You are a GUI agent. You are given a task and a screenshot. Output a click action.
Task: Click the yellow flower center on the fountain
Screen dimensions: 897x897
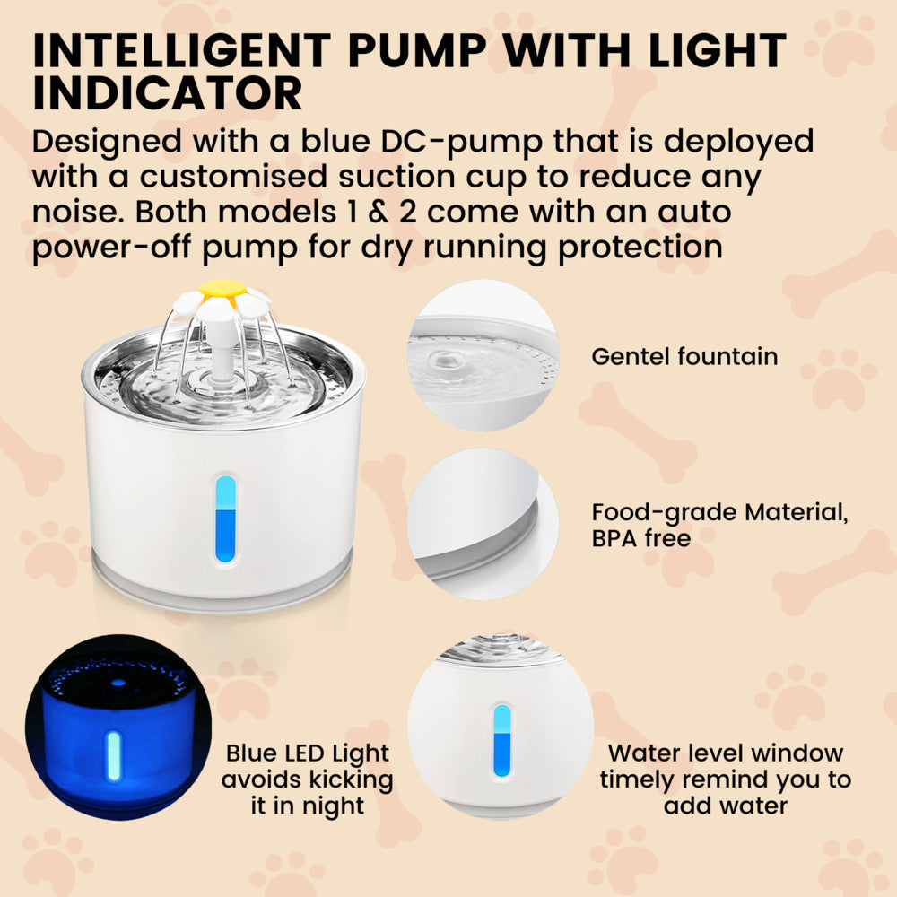[x=222, y=289]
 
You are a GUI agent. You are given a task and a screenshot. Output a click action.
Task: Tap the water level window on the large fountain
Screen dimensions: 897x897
[x=226, y=518]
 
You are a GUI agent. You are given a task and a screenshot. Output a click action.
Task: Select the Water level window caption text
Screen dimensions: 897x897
[x=725, y=779]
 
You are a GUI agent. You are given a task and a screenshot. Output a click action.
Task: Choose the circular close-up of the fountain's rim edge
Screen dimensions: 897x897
[x=483, y=525]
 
